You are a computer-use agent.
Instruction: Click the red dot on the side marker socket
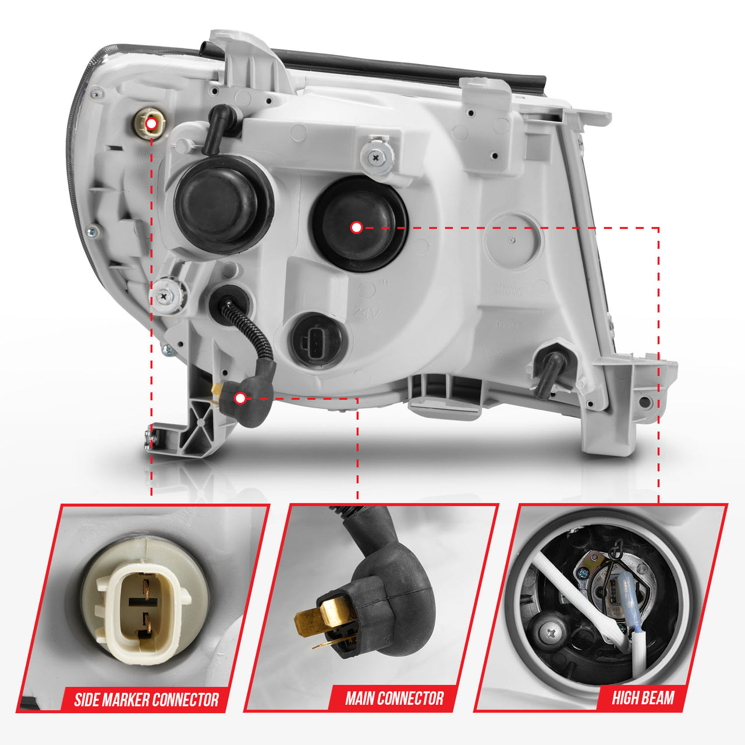click(x=151, y=123)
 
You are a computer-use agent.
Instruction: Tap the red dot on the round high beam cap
click(x=356, y=228)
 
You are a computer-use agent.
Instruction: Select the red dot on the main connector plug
click(x=240, y=398)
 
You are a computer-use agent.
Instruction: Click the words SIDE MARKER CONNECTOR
click(x=146, y=699)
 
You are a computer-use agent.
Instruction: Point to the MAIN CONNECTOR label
click(x=394, y=698)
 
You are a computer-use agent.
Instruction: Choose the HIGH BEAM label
click(x=643, y=697)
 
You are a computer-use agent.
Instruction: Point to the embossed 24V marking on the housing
click(x=366, y=313)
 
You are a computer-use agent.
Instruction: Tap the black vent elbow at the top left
click(x=217, y=125)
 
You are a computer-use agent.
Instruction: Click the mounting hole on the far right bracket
click(x=644, y=402)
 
